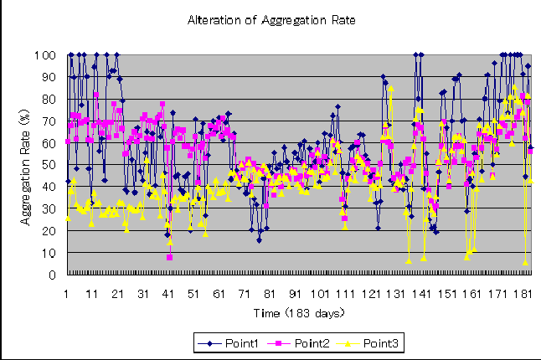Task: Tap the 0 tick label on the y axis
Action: coord(52,275)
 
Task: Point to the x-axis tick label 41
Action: coord(168,294)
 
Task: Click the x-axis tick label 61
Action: coord(219,294)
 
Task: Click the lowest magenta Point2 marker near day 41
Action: coord(169,257)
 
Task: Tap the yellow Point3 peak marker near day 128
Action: coord(391,88)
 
